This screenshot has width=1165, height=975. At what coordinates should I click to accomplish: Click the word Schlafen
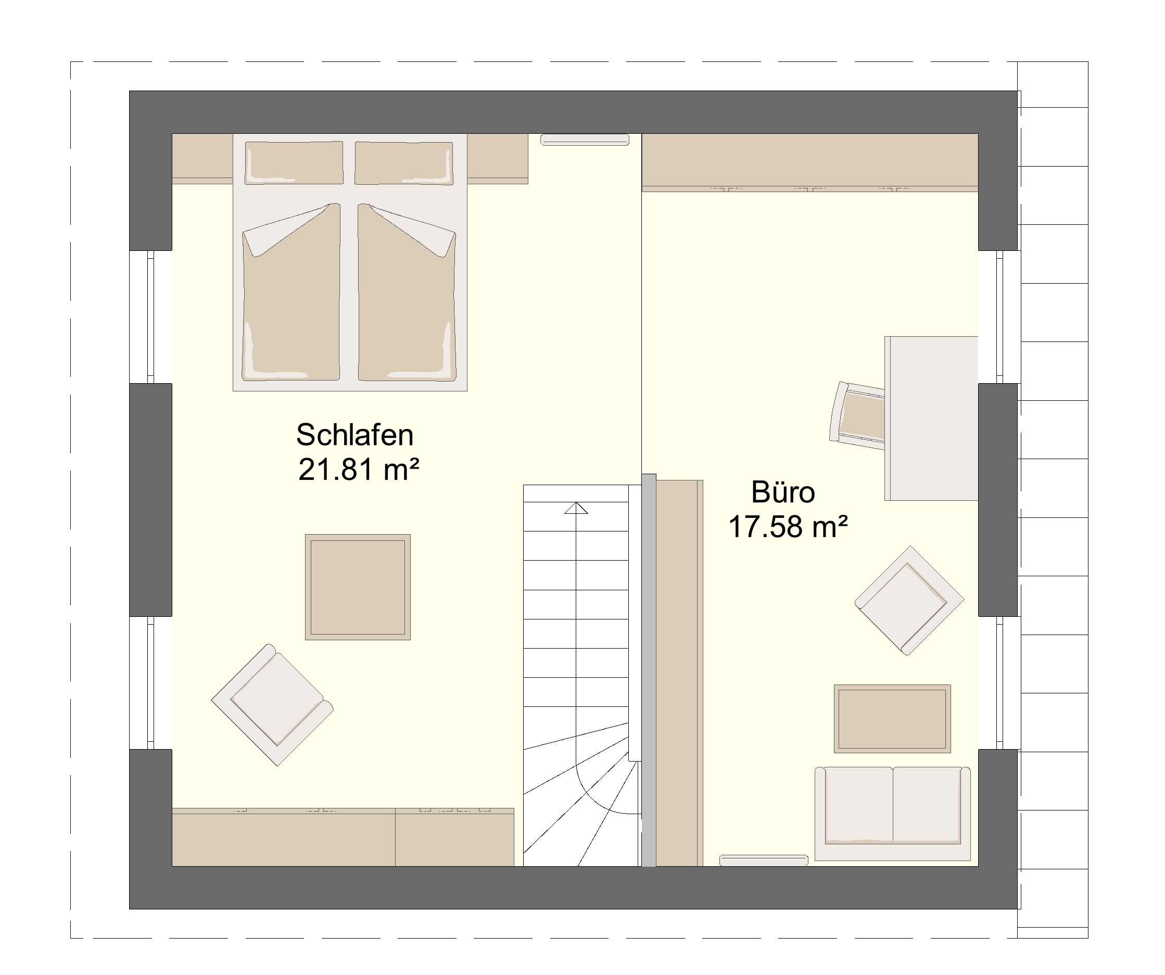coord(355,435)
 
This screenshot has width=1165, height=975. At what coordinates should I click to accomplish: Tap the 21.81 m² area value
coord(358,470)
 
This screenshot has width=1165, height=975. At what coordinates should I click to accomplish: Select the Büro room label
coord(783,492)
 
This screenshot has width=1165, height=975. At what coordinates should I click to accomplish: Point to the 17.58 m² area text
coord(788,527)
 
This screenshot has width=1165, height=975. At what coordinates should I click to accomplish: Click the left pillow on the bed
coord(294,162)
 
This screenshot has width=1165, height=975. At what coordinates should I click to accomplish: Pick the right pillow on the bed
coord(404,162)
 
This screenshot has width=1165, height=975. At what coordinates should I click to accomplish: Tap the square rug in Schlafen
coord(358,587)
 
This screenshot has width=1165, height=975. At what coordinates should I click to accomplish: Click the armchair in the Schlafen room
coord(272,705)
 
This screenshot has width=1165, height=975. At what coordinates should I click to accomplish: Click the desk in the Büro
coord(931,418)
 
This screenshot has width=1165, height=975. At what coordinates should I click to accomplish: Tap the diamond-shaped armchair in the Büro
coord(909,601)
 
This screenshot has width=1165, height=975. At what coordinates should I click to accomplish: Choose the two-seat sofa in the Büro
coord(893,814)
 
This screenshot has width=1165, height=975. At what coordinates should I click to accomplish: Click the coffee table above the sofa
coord(893,719)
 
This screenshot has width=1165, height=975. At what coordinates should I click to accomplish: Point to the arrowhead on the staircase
coord(576,508)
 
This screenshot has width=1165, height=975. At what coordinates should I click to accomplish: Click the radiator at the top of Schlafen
coord(585,140)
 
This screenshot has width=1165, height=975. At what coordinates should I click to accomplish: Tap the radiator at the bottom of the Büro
coord(764,860)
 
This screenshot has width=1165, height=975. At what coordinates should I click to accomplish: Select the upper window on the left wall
coord(151,316)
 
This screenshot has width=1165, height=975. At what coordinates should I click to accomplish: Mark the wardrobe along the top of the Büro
coord(810,162)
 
